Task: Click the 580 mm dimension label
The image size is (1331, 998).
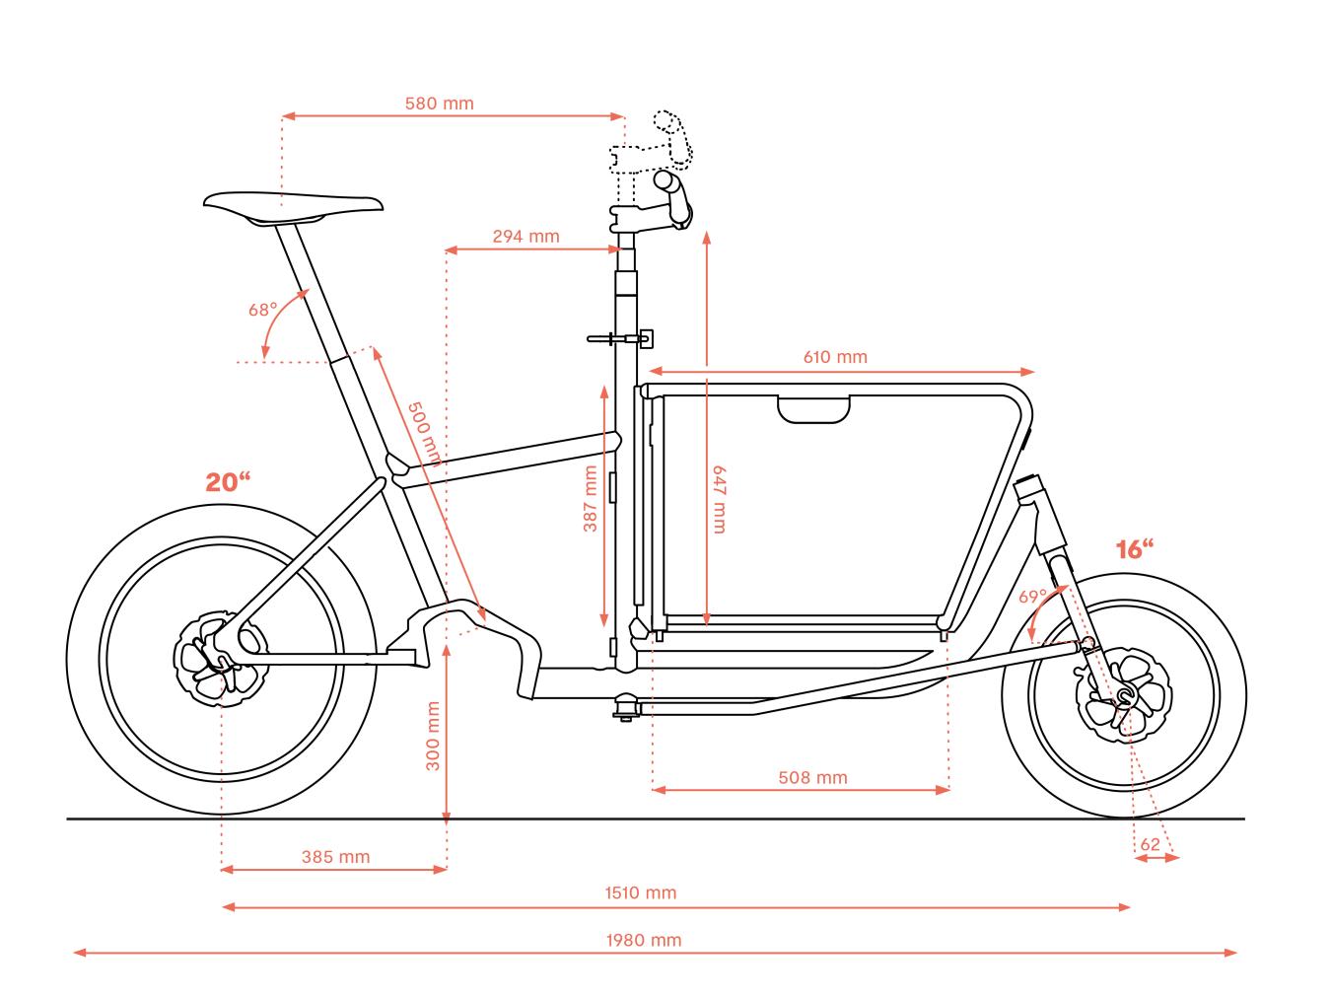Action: pos(439,104)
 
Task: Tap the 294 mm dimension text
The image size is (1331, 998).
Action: pos(525,236)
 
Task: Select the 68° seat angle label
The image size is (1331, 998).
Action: pos(262,310)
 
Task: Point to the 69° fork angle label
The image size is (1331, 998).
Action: pos(1032,597)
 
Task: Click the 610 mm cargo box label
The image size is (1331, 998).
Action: pos(835,357)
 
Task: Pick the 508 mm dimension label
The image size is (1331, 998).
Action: pos(812,777)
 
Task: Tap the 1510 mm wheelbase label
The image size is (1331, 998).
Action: pos(640,892)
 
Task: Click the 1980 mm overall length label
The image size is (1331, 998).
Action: pos(644,940)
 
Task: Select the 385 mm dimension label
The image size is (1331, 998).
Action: pos(335,857)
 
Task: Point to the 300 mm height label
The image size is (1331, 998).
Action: pos(433,736)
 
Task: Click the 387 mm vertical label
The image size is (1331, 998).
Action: pos(590,498)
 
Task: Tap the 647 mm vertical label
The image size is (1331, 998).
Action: pos(719,500)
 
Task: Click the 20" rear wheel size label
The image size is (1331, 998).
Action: pos(228,482)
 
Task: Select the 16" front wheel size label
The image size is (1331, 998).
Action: pos(1135,548)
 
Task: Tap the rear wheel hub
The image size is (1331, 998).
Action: pos(221,659)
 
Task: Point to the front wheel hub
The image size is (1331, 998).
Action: pos(1124,695)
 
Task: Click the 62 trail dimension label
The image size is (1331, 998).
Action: pos(1150,844)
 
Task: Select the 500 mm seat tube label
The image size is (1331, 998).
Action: pos(425,434)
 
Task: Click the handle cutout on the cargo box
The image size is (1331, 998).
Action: pos(813,409)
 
